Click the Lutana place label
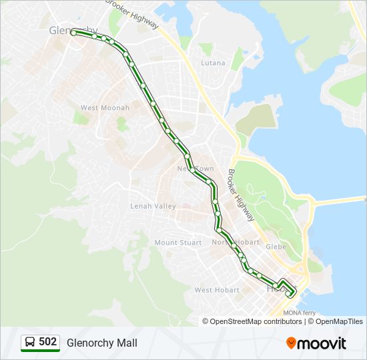[214, 63]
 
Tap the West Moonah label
[99, 108]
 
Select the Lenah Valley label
[153, 206]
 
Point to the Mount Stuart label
[178, 243]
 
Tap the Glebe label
[276, 247]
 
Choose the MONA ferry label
[300, 313]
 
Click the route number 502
[47, 342]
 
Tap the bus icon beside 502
[30, 342]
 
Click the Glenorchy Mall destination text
[102, 343]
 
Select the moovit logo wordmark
[323, 343]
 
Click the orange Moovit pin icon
[292, 343]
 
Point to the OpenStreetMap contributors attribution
[252, 321]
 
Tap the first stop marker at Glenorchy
[73, 31]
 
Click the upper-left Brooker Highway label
[133, 13]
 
